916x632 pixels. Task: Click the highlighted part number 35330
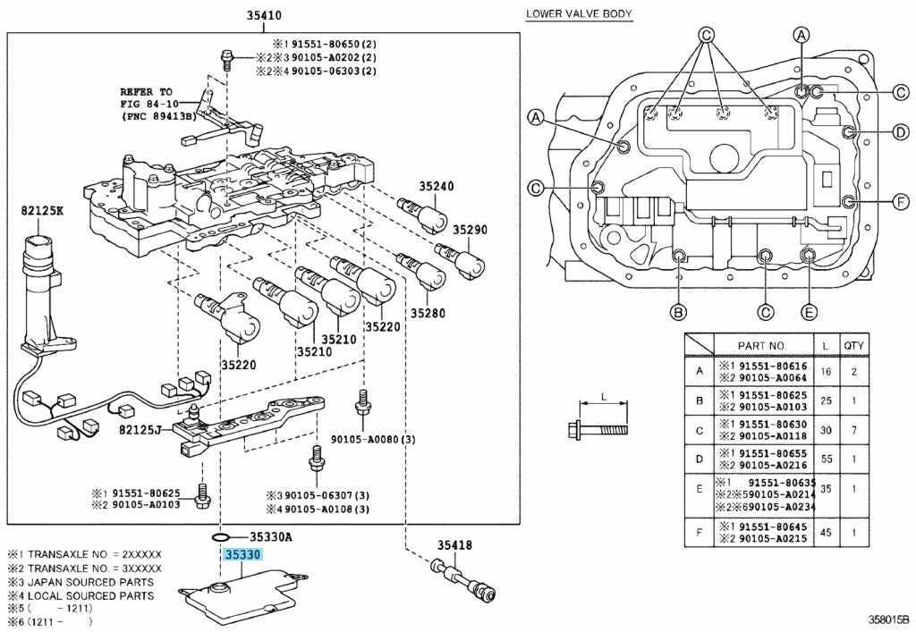pyautogui.click(x=243, y=555)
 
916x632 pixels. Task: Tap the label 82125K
pyautogui.click(x=41, y=211)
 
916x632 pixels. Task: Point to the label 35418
pyautogui.click(x=454, y=545)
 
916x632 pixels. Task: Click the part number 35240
pyautogui.click(x=437, y=187)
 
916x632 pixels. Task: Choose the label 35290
pyautogui.click(x=469, y=230)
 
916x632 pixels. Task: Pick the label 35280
pyautogui.click(x=428, y=313)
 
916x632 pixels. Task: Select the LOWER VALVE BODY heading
pyautogui.click(x=579, y=13)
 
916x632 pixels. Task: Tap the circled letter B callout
pyautogui.click(x=679, y=312)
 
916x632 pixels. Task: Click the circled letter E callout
pyautogui.click(x=809, y=312)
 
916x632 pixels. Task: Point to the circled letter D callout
pyautogui.click(x=900, y=133)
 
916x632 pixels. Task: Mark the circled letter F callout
pyautogui.click(x=900, y=200)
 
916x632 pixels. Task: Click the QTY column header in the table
pyautogui.click(x=853, y=345)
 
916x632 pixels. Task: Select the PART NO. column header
pyautogui.click(x=761, y=345)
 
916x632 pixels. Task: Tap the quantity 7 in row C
pyautogui.click(x=853, y=430)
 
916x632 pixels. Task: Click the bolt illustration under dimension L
pyautogui.click(x=598, y=430)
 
